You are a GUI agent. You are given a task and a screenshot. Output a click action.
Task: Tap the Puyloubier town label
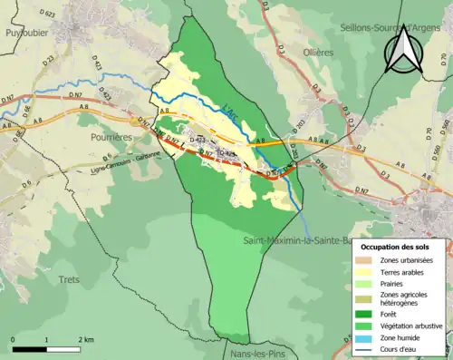[24, 30]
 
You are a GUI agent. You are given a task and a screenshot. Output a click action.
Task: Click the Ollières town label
[318, 53]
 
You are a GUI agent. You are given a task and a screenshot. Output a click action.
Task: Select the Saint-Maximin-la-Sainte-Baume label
[295, 241]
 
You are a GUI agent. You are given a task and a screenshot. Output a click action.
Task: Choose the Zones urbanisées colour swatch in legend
[363, 261]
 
